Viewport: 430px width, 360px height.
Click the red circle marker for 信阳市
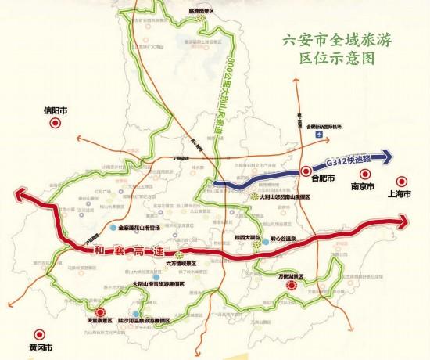pos(54,124)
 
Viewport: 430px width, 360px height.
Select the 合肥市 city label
pos(323,179)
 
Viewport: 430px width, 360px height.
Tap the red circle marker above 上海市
pos(401,178)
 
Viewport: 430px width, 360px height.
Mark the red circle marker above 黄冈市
pos(33,329)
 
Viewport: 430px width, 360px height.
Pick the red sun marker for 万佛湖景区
pos(292,286)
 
